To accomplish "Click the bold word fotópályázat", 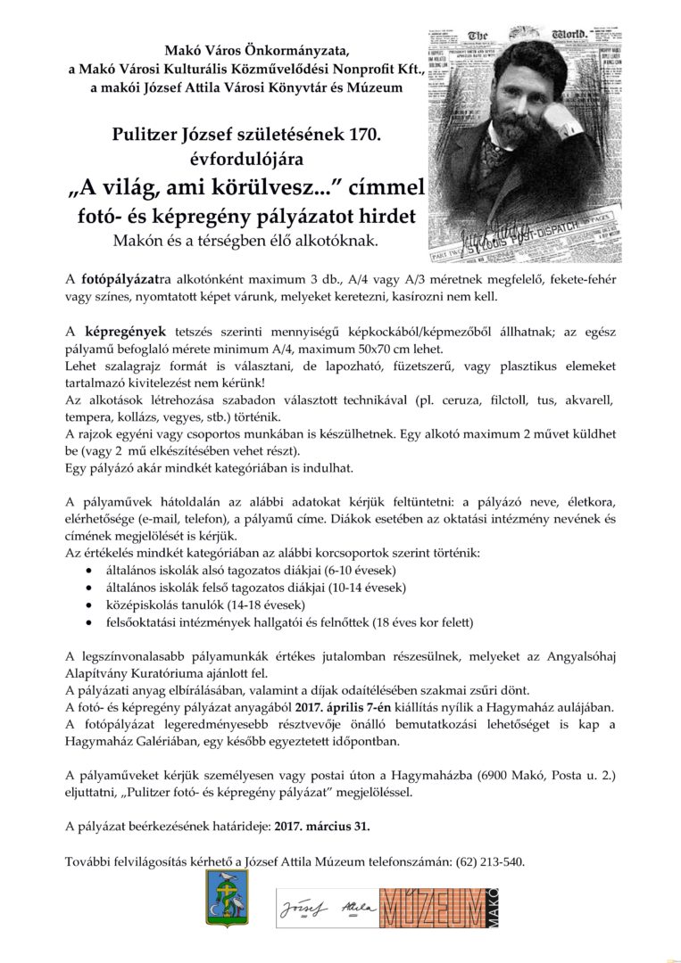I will click(x=120, y=279).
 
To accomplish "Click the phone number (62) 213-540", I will click(x=490, y=861).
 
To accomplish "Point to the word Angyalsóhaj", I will click(x=572, y=655).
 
